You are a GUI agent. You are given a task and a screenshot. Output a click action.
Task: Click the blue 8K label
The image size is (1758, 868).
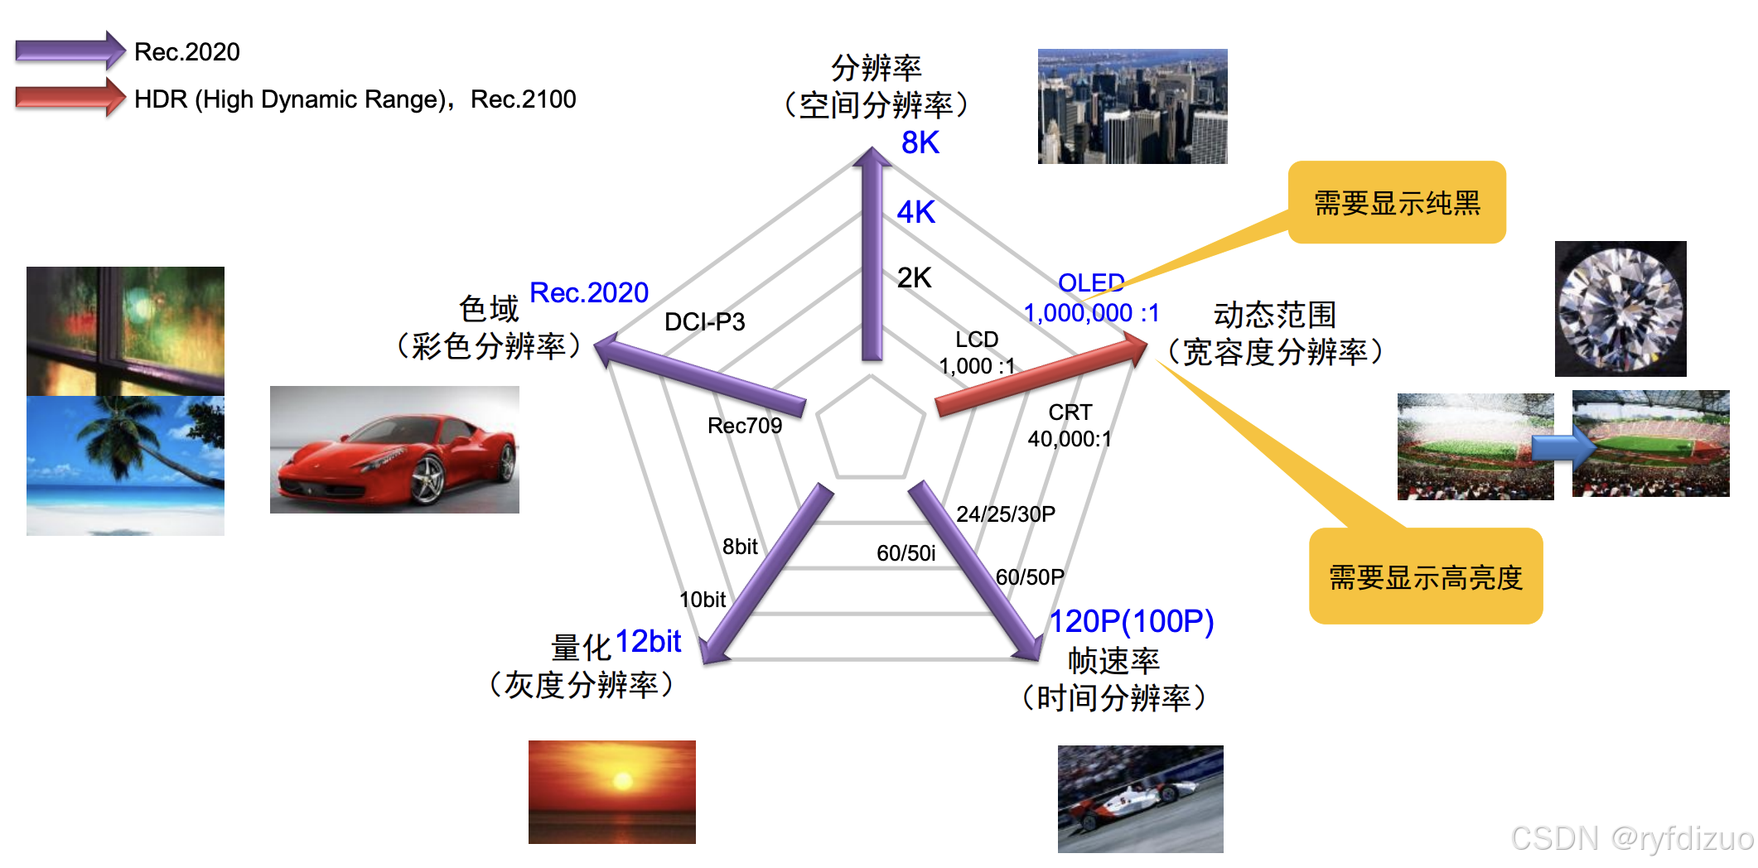(920, 143)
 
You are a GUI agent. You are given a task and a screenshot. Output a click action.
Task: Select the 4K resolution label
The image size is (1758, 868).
(915, 213)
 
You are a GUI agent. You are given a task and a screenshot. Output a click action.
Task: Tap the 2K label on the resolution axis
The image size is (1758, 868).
(914, 278)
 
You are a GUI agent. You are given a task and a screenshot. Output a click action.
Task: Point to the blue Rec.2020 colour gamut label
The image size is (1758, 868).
(588, 293)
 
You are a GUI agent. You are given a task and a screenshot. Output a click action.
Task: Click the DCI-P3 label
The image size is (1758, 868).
(704, 321)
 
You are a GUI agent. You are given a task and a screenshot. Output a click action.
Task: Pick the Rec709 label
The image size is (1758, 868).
(744, 426)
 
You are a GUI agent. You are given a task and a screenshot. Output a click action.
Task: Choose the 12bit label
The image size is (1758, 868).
(648, 642)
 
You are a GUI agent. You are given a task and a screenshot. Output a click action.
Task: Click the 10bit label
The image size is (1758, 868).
(702, 600)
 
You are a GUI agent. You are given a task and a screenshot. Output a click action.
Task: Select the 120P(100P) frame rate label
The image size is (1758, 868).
(1131, 621)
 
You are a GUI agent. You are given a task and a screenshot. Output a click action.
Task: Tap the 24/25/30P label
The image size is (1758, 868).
(1005, 514)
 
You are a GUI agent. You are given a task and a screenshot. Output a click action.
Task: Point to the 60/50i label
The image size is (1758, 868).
(906, 553)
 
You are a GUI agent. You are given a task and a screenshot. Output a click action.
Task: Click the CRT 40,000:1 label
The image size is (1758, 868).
(1070, 426)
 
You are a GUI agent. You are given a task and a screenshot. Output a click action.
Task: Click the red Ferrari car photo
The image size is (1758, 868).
(394, 450)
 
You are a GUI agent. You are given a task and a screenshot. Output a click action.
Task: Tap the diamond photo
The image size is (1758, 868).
(1620, 309)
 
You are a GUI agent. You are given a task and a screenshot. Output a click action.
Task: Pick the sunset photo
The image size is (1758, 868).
(611, 792)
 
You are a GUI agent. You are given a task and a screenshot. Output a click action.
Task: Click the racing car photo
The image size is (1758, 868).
(1140, 798)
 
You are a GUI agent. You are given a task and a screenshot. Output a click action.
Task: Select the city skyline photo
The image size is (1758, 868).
(1132, 106)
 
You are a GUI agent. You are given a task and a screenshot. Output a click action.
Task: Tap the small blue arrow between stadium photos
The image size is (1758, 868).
(1562, 448)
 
